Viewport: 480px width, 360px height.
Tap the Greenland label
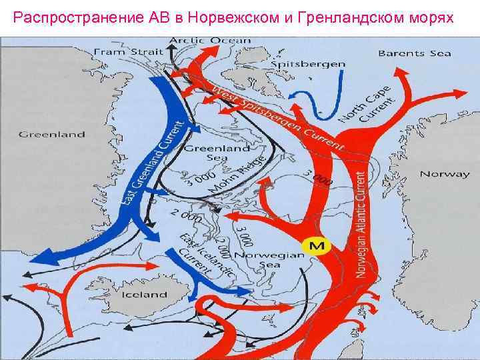pos(51,134)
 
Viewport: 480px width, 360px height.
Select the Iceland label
pos(144,294)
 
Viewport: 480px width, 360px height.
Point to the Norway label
pos(444,174)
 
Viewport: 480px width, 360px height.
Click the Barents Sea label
pos(414,53)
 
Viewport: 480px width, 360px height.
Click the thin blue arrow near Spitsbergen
pos(333,93)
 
